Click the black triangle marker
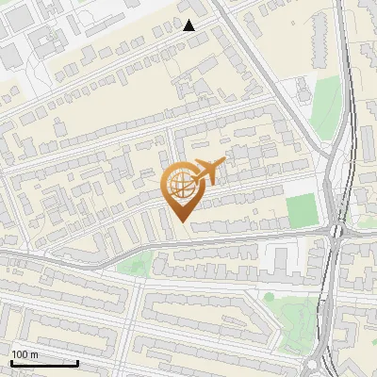pyautogui.click(x=189, y=25)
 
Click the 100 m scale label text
pyautogui.click(x=25, y=354)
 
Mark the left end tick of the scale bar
pyautogui.click(x=11, y=362)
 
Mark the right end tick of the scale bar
pyautogui.click(x=78, y=362)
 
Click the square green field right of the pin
pyautogui.click(x=301, y=209)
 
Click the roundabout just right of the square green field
pyautogui.click(x=336, y=229)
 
